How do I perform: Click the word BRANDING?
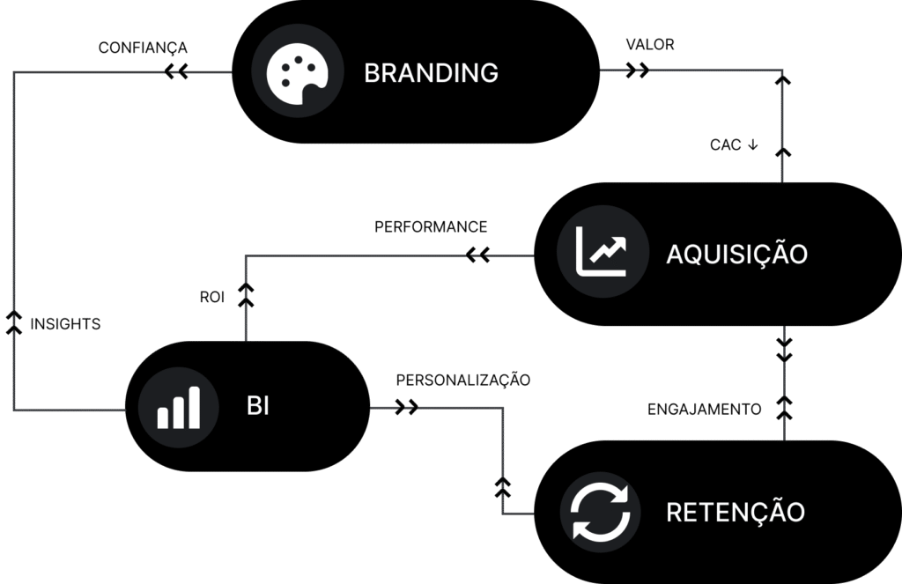tap(431, 72)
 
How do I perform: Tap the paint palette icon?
tap(296, 71)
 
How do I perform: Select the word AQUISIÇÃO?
tap(736, 255)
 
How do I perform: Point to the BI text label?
tap(258, 406)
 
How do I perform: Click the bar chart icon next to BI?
tap(179, 407)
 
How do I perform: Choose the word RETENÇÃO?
tap(736, 512)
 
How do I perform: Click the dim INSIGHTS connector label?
tap(66, 324)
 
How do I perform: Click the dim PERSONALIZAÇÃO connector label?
tap(462, 381)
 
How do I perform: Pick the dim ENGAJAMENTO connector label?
tap(705, 409)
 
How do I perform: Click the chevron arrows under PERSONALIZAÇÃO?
tap(407, 408)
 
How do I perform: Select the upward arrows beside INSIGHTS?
tap(14, 322)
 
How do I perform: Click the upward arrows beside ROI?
tap(246, 295)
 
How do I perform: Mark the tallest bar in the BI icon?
tap(194, 407)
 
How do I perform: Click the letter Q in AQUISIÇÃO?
tap(694, 255)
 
